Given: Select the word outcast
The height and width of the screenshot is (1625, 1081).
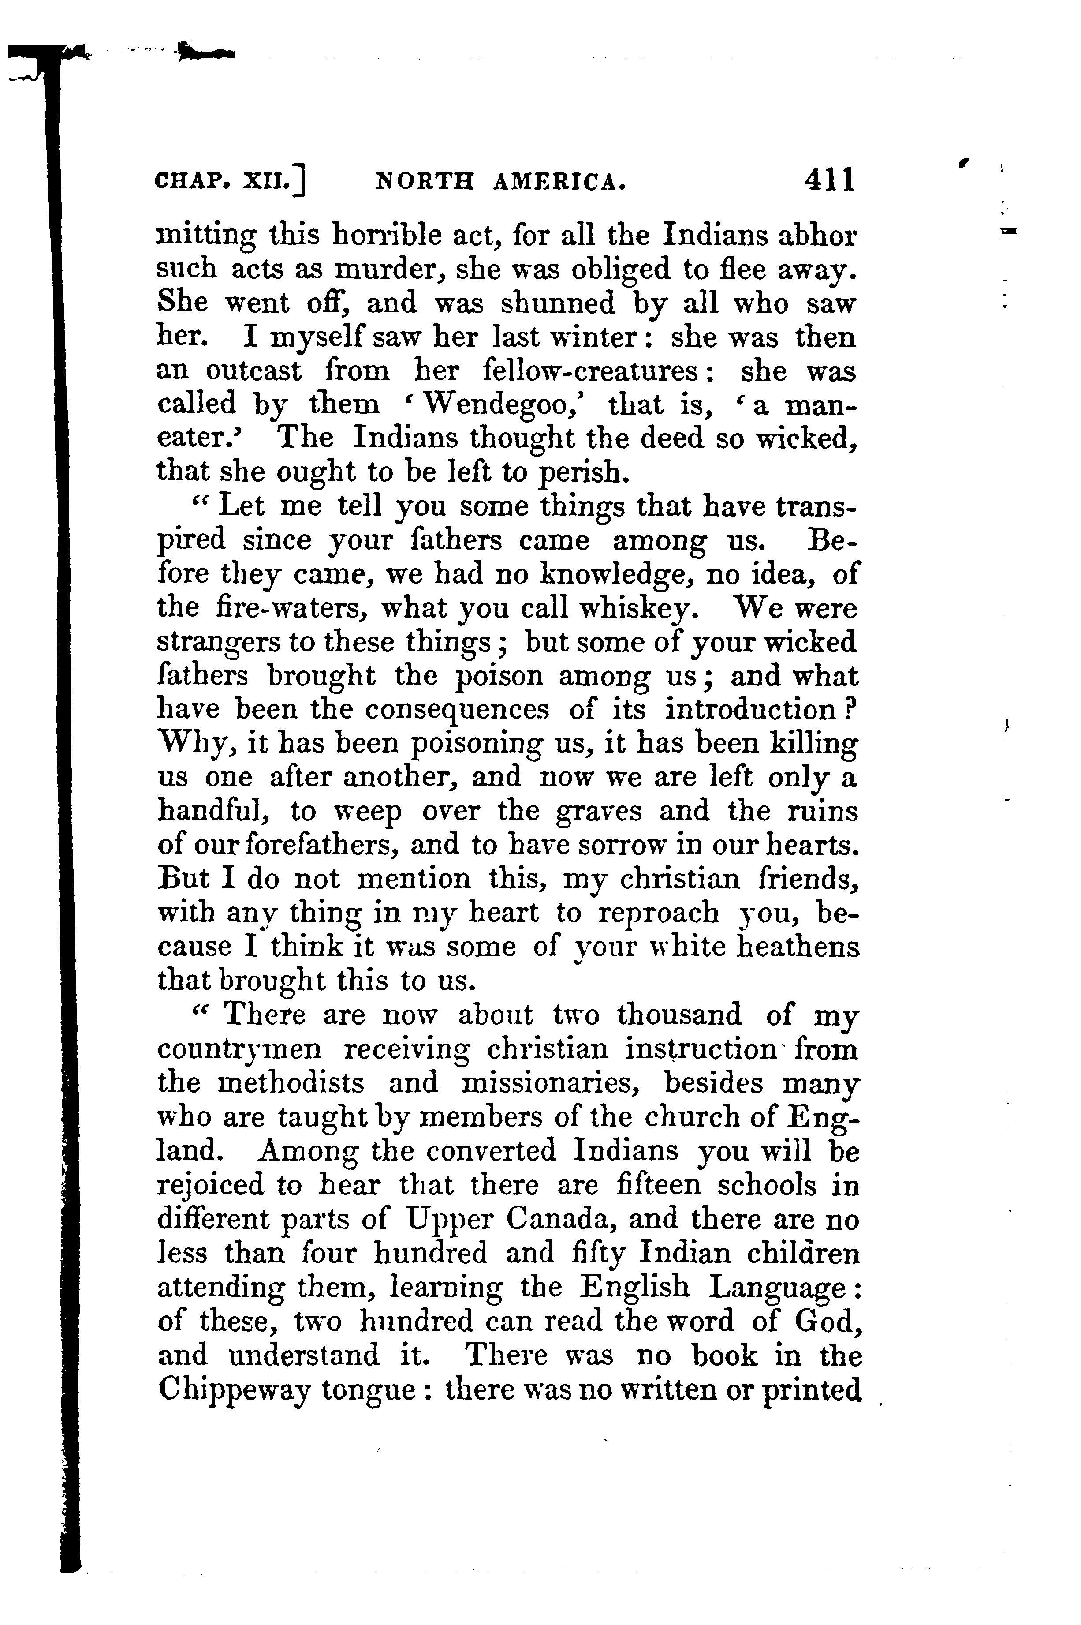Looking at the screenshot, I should point(253,371).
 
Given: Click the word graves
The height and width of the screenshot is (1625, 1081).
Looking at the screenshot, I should point(598,811).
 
